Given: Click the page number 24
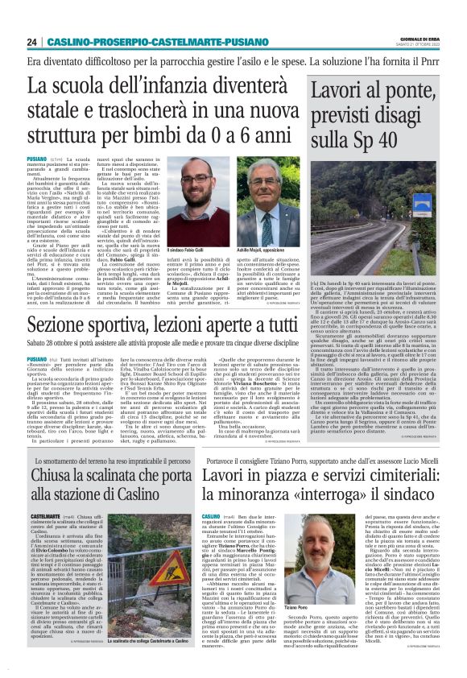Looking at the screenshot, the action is click(31, 42).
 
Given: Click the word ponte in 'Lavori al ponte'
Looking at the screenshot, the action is click(407, 92).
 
